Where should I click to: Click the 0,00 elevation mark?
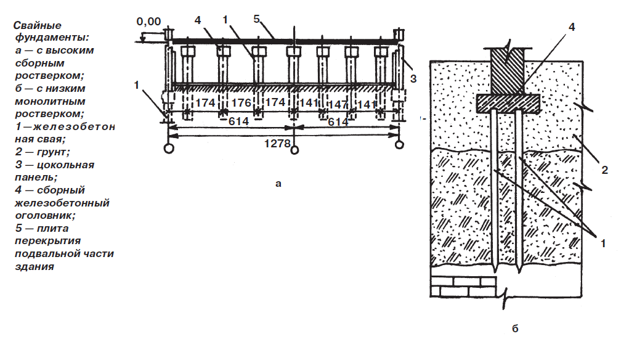148,21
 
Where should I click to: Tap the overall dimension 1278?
277,144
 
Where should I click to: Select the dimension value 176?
241,103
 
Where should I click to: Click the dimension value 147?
338,105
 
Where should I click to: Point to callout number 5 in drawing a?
256,19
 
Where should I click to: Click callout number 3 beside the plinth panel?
413,78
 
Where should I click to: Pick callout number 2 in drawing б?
604,170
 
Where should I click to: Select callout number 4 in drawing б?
572,27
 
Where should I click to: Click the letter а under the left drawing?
278,184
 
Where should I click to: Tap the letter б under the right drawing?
515,329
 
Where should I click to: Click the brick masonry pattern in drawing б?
463,287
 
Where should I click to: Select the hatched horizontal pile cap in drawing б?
508,103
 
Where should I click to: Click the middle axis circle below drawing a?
295,150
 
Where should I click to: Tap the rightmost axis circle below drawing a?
400,144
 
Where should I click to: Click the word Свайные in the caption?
38,25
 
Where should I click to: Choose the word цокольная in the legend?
65,165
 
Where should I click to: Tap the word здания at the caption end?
34,267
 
